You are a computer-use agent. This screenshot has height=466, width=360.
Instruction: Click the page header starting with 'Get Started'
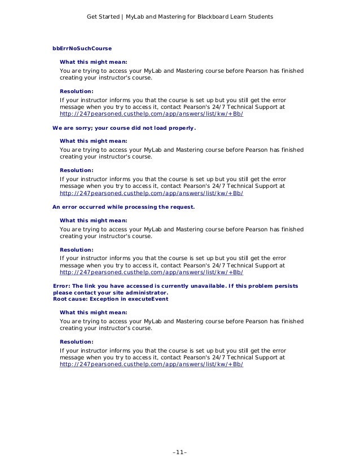pos(179,17)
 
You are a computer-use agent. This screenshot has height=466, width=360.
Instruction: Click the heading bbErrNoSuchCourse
pos(82,49)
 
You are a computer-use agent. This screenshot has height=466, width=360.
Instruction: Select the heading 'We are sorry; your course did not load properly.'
pos(124,128)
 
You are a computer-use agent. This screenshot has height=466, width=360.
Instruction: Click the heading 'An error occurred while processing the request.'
pos(124,207)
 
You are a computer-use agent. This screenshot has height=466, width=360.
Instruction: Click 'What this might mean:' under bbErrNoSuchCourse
pos(93,61)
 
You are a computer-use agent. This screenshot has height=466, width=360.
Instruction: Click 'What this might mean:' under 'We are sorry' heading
pos(93,140)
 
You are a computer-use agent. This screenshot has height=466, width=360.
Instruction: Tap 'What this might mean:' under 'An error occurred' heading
pos(93,220)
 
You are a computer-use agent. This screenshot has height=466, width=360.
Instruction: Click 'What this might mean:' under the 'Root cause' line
pos(93,312)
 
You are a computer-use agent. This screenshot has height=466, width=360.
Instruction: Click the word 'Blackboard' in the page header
pos(205,17)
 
